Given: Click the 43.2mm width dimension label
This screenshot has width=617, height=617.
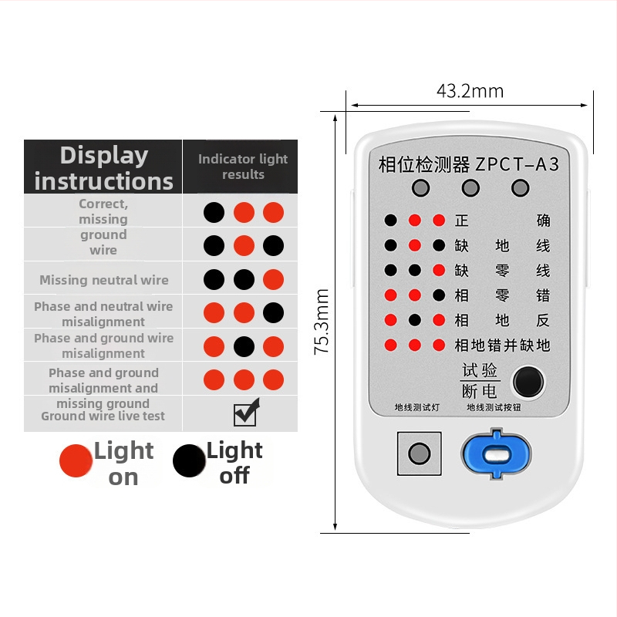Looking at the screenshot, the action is (470, 91).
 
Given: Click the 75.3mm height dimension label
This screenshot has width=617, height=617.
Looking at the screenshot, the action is (322, 322).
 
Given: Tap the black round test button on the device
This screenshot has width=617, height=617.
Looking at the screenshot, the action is (528, 382).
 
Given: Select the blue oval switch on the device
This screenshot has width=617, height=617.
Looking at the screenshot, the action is (496, 453).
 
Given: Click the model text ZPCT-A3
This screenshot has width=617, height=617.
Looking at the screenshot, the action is (517, 164).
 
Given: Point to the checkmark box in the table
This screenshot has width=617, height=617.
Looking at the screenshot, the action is (246, 413).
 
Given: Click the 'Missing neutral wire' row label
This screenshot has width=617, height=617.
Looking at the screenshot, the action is (104, 280).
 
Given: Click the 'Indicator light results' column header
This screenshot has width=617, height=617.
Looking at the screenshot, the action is (243, 167).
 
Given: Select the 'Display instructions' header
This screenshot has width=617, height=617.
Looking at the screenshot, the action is (104, 168).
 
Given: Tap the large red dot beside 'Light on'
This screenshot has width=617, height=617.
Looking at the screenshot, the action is (76, 460).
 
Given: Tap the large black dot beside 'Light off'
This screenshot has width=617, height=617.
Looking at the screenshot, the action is (189, 460).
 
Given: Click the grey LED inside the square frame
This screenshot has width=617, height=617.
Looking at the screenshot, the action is (419, 453).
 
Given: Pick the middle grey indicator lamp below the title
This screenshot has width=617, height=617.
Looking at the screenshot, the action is (470, 188).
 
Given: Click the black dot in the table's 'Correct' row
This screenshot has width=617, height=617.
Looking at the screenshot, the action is (214, 213).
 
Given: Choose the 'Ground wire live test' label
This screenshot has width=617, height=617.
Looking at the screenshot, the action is (103, 416).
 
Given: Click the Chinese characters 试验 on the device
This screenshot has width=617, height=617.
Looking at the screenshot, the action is (480, 370).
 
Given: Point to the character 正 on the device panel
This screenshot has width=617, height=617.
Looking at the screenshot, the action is (461, 221).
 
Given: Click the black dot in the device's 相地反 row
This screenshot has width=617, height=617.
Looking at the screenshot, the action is (415, 320).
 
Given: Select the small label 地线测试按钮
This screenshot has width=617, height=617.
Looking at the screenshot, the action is (494, 407).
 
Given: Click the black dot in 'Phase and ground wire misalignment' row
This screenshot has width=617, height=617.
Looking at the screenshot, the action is (244, 346).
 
